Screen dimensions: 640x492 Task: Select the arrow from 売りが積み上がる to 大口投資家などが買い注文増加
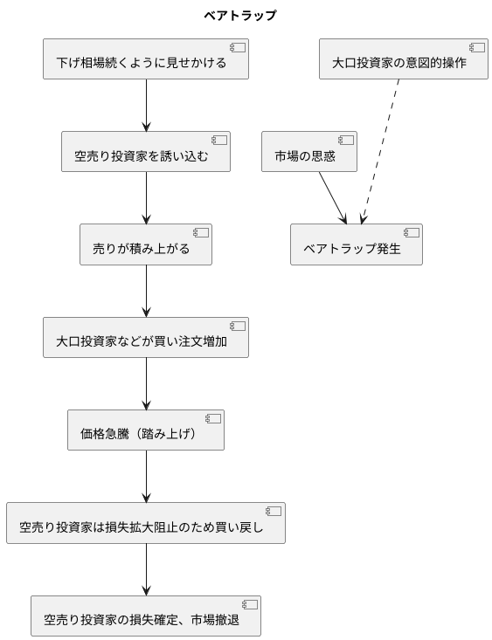(146, 290)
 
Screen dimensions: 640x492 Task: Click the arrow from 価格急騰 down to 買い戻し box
(146, 475)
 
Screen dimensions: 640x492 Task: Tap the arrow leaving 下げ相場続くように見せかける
(146, 105)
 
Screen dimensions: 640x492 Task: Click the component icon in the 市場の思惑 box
(346, 140)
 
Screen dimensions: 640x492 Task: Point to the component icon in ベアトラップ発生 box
(412, 232)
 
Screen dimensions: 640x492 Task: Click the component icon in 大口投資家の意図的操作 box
(476, 47)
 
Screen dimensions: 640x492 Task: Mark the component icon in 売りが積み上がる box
(201, 232)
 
